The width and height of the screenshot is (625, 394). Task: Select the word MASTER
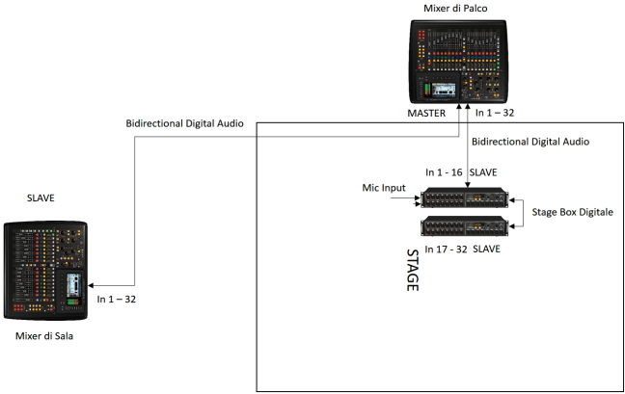pyautogui.click(x=426, y=113)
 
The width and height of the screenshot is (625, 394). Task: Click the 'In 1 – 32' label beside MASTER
pyautogui.click(x=495, y=113)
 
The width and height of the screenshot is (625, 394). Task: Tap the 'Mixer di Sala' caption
pyautogui.click(x=45, y=336)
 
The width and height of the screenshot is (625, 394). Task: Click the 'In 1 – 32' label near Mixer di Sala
pyautogui.click(x=117, y=300)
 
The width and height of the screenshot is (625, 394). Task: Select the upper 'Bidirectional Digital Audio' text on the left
pyautogui.click(x=184, y=124)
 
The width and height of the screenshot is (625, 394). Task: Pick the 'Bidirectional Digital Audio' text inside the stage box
pyautogui.click(x=530, y=142)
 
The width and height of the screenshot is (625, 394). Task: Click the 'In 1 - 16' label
pyautogui.click(x=445, y=171)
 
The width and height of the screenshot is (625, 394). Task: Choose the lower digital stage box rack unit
pyautogui.click(x=463, y=227)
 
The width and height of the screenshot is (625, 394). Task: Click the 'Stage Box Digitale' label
pyautogui.click(x=572, y=211)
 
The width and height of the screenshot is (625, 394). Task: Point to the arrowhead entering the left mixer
pyautogui.click(x=91, y=286)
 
